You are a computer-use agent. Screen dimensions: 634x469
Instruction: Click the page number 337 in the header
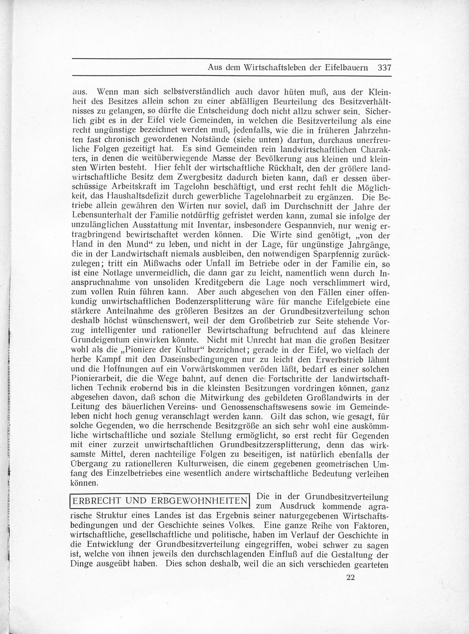384,67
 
